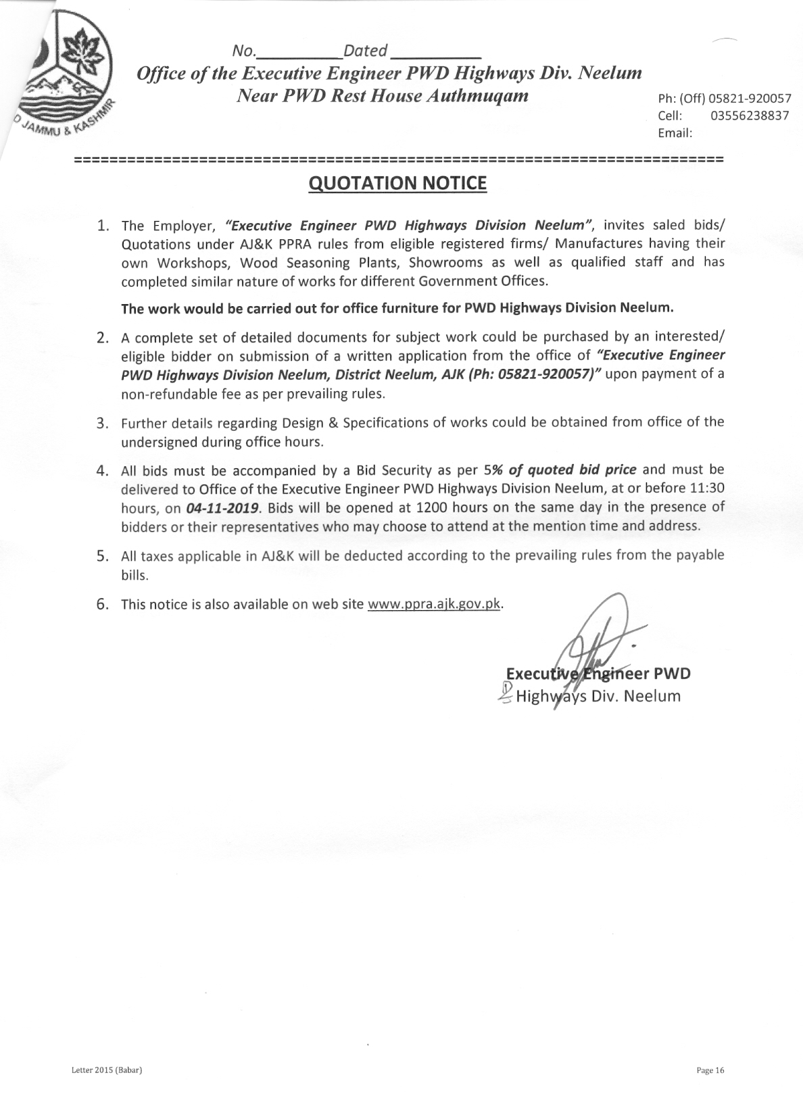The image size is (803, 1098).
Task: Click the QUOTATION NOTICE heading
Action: [x=397, y=183]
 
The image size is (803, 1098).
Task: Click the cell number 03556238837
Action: [x=750, y=116]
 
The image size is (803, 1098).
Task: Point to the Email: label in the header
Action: [x=675, y=133]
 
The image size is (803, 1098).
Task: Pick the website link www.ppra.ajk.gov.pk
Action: [x=434, y=604]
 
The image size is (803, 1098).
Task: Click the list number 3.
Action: [x=103, y=424]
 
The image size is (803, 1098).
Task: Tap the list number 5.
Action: [x=103, y=556]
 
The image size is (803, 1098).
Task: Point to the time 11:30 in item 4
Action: [x=708, y=488]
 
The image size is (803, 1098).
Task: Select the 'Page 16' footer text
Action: [x=710, y=1070]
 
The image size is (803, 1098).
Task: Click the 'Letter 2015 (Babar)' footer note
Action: [x=106, y=1070]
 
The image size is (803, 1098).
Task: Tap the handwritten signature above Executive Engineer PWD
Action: [x=595, y=642]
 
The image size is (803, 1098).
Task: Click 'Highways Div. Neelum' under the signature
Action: [x=598, y=696]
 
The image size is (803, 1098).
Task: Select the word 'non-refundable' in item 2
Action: [x=162, y=394]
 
